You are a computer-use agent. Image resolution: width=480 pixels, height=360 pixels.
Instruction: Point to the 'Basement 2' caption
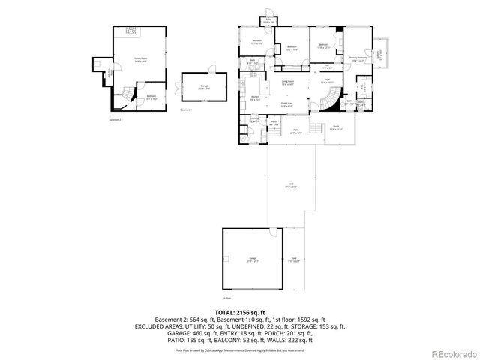click(x=115, y=118)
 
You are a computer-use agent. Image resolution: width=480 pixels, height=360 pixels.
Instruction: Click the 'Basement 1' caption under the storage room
click(x=187, y=109)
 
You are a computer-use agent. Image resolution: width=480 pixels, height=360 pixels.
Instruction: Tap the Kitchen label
click(x=255, y=97)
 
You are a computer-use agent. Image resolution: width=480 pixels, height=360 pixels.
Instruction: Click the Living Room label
click(x=287, y=82)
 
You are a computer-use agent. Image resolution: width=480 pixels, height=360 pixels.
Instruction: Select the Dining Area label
click(x=287, y=104)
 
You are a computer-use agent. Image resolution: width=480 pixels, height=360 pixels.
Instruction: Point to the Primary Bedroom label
click(x=358, y=58)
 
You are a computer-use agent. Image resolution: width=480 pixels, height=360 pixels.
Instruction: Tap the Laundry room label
click(x=255, y=120)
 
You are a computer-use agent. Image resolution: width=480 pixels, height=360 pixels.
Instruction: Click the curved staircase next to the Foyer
click(x=323, y=105)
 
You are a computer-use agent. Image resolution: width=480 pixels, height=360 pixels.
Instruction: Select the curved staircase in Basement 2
click(x=127, y=95)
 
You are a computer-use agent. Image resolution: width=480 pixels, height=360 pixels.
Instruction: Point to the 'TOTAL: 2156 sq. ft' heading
click(x=240, y=311)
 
